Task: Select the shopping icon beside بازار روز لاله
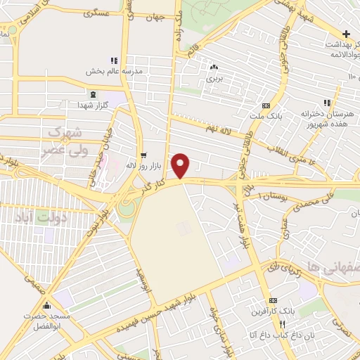(x=143, y=155)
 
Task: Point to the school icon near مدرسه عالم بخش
(x=114, y=62)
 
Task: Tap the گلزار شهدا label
(x=92, y=104)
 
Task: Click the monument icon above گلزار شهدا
(x=92, y=94)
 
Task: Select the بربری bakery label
(x=213, y=78)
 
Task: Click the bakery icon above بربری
(x=213, y=67)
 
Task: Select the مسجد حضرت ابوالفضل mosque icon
(x=47, y=305)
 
